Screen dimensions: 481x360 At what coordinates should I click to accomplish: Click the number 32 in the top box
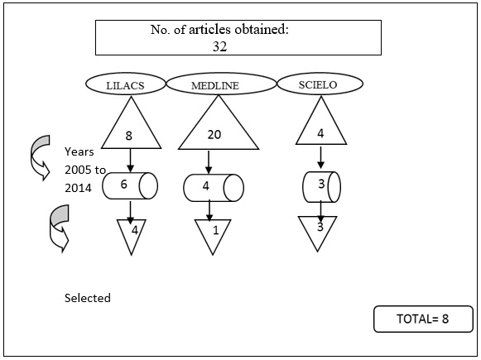point(219,46)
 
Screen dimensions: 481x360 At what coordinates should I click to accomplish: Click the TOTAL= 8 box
point(423,319)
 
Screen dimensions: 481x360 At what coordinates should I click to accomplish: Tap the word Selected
point(88,298)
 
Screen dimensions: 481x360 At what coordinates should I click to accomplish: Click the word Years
point(79,151)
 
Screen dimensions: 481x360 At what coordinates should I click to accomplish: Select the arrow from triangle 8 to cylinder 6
point(130,161)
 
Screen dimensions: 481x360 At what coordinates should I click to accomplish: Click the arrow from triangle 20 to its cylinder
point(209,162)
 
